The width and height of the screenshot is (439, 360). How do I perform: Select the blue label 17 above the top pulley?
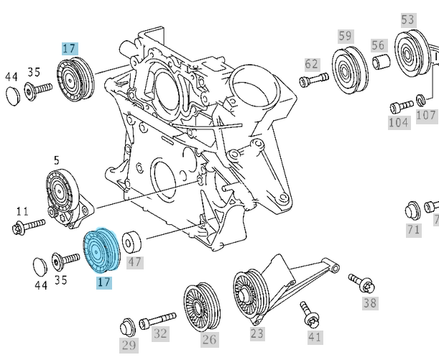(69, 49)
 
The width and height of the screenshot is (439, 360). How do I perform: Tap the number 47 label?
(135, 262)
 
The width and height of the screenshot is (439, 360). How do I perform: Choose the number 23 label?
(257, 333)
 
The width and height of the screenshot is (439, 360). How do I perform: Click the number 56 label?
(378, 45)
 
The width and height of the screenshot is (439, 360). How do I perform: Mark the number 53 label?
(408, 19)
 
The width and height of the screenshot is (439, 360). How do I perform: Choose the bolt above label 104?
(399, 107)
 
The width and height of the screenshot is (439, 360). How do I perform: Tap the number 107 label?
(426, 115)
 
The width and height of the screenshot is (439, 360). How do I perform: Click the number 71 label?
(413, 230)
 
